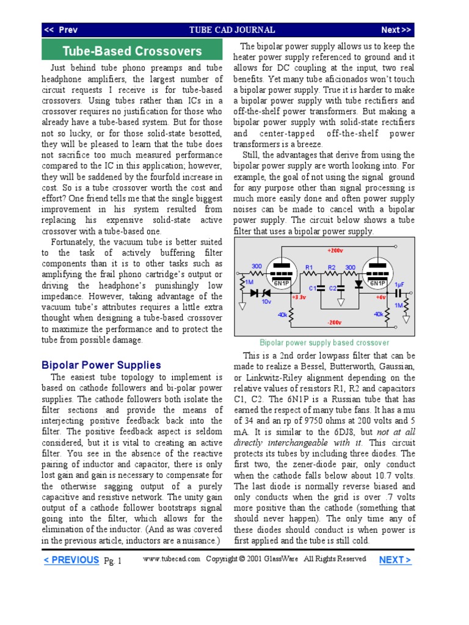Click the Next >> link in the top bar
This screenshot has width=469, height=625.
[396, 30]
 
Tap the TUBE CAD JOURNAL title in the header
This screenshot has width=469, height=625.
[232, 30]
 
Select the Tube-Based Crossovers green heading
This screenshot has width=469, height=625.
[132, 51]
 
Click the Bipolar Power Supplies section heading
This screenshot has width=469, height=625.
[101, 365]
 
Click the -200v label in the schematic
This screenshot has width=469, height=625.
[333, 322]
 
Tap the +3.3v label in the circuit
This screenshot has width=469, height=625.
[299, 297]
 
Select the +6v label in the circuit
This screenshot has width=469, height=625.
[380, 297]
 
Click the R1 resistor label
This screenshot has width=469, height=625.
[309, 268]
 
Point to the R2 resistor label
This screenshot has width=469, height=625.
[332, 268]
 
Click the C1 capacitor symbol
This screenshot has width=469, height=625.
[320, 287]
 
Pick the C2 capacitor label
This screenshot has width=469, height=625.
[333, 287]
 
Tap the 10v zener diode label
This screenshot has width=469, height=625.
[266, 302]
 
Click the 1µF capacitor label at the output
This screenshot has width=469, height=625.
[399, 284]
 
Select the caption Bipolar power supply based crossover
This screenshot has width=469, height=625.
[324, 343]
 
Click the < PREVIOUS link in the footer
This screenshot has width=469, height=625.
[71, 560]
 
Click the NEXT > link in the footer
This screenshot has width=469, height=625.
[395, 560]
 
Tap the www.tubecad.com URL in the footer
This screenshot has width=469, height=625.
[172, 559]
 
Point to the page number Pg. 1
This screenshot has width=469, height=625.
[113, 561]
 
